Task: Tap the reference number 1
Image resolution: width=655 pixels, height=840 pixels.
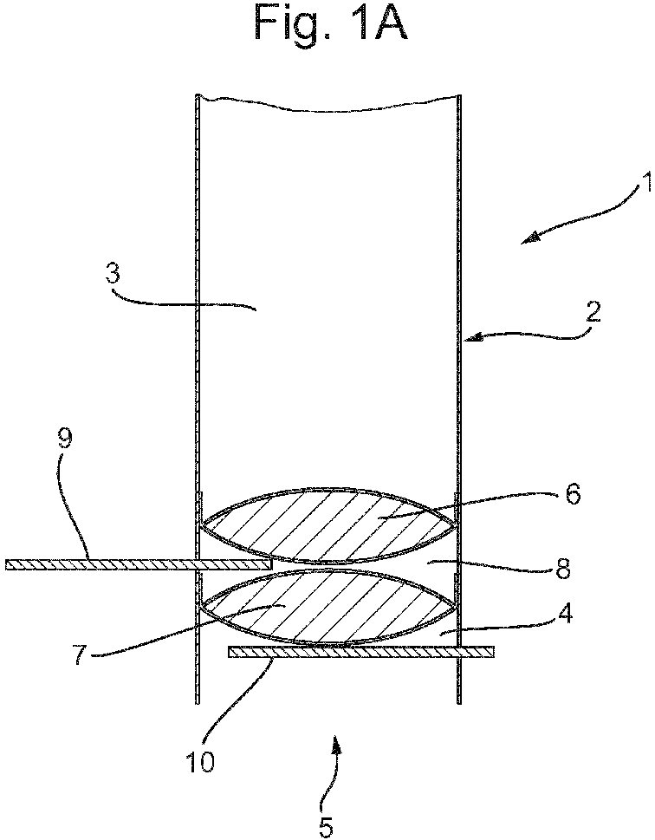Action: tap(647, 182)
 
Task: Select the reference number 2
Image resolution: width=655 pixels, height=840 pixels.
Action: tap(592, 312)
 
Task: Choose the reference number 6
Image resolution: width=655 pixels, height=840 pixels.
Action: tap(572, 494)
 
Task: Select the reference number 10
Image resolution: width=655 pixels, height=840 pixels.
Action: tap(199, 761)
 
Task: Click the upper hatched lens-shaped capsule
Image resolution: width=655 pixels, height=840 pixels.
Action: tap(327, 525)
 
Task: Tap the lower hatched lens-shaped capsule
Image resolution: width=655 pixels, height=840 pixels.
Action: tap(327, 608)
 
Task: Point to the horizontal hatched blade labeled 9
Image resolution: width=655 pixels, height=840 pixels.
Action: tap(139, 564)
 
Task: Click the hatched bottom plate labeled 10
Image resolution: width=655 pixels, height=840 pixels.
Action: tap(361, 651)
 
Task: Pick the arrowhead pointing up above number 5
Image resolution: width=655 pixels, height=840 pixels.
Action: tap(336, 744)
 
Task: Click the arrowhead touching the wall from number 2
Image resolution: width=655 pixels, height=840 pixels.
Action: tap(470, 337)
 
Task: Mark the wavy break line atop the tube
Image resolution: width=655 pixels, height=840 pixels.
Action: tap(327, 103)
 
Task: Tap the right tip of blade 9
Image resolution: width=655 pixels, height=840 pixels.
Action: tap(272, 564)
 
